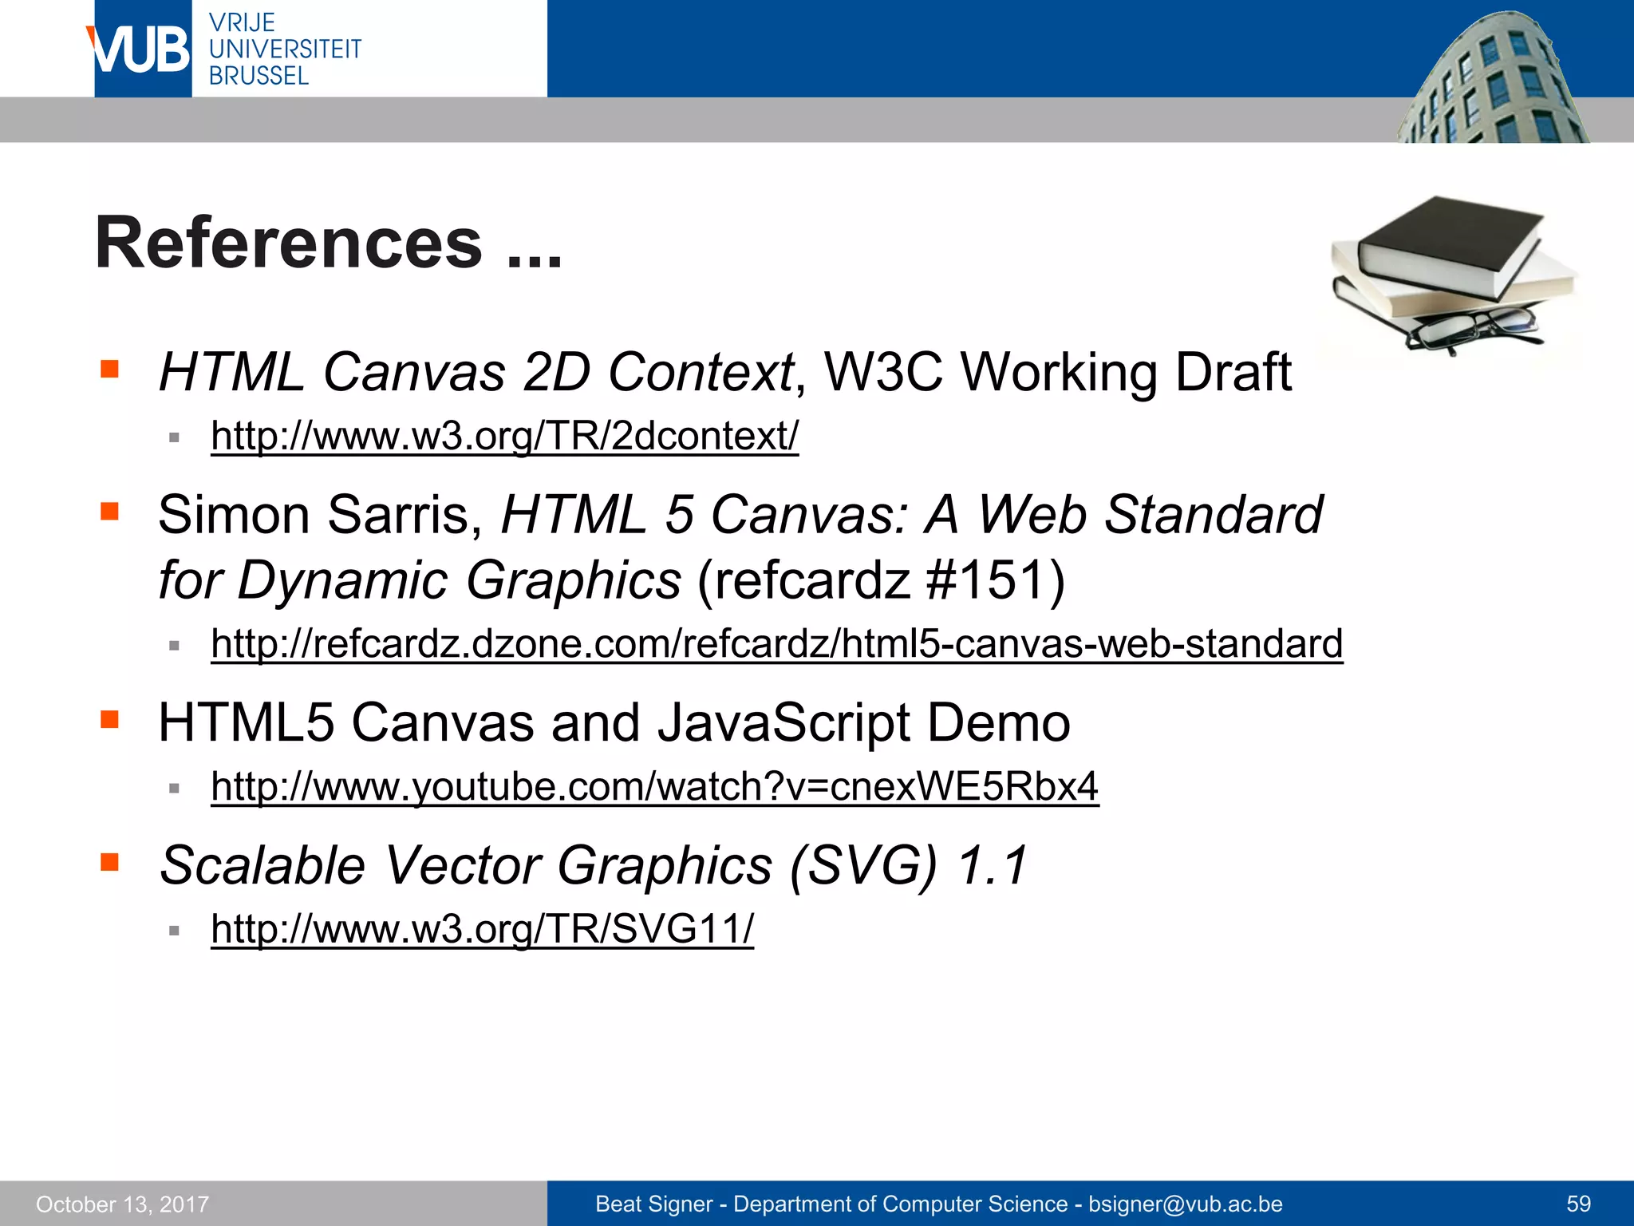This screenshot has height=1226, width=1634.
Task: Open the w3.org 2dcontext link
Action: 504,437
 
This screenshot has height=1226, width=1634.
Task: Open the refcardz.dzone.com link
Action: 776,644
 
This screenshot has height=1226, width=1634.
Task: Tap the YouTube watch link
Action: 654,787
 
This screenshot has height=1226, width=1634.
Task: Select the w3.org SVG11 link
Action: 482,929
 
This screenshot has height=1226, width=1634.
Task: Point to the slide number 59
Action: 1578,1204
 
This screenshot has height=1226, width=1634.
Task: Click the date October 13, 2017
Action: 122,1204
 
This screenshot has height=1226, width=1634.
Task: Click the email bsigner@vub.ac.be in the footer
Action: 1185,1204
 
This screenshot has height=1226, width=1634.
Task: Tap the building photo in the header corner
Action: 1492,80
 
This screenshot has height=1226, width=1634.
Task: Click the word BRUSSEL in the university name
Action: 259,77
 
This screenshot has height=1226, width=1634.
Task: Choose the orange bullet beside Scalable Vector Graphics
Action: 109,862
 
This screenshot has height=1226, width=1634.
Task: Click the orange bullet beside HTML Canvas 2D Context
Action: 109,369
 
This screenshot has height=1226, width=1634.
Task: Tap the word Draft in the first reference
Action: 1233,373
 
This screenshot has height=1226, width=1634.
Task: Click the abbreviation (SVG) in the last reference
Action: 863,866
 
